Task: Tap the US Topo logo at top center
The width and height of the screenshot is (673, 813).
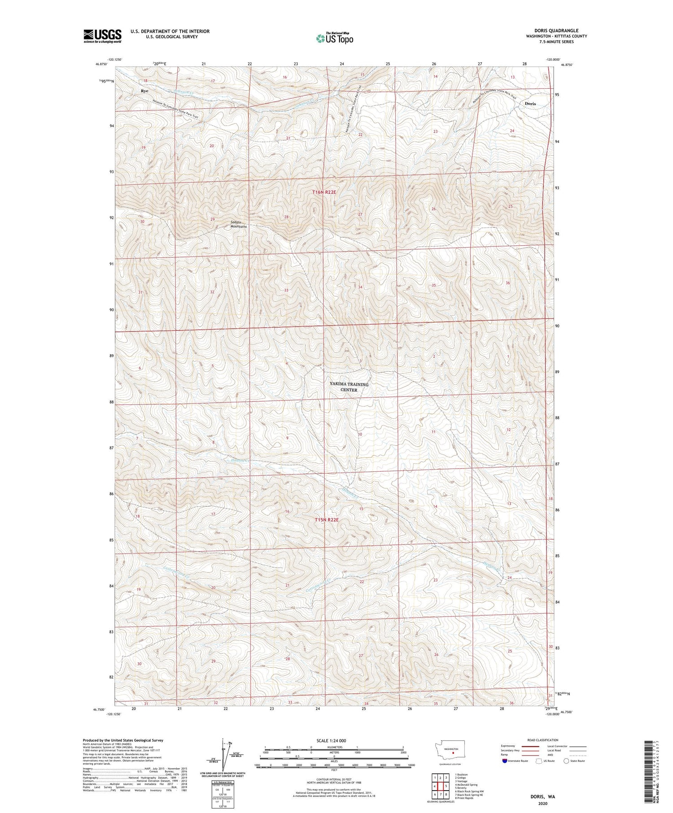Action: tap(334, 39)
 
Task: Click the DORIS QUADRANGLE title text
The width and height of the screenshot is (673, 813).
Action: tap(556, 30)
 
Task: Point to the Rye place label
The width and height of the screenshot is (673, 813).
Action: tap(144, 91)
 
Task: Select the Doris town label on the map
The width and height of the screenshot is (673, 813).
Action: tap(530, 104)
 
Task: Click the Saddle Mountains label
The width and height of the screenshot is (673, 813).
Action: tap(239, 224)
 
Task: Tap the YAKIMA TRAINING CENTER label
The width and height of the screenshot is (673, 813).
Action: tap(349, 387)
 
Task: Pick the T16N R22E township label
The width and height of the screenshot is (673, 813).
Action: tap(324, 192)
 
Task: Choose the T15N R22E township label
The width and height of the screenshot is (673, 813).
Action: tap(326, 519)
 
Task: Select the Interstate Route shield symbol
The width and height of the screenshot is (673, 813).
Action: tap(505, 761)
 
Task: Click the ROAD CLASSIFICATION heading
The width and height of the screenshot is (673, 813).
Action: tap(543, 740)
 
